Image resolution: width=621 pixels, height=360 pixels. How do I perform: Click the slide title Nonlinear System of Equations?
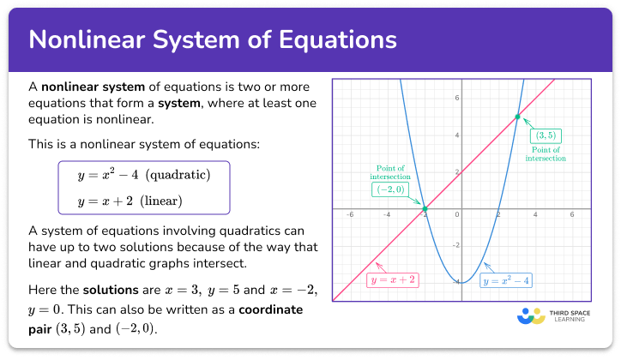(x=213, y=40)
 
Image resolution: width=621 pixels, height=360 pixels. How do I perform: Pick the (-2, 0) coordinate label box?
(x=388, y=190)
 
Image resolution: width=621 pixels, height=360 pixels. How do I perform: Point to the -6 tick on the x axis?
(x=349, y=216)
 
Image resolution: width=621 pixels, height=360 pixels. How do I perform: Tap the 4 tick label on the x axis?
(x=535, y=216)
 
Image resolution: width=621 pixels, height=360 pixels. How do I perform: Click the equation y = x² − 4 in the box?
(x=101, y=175)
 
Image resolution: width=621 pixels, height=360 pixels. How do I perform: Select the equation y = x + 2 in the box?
(x=99, y=201)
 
